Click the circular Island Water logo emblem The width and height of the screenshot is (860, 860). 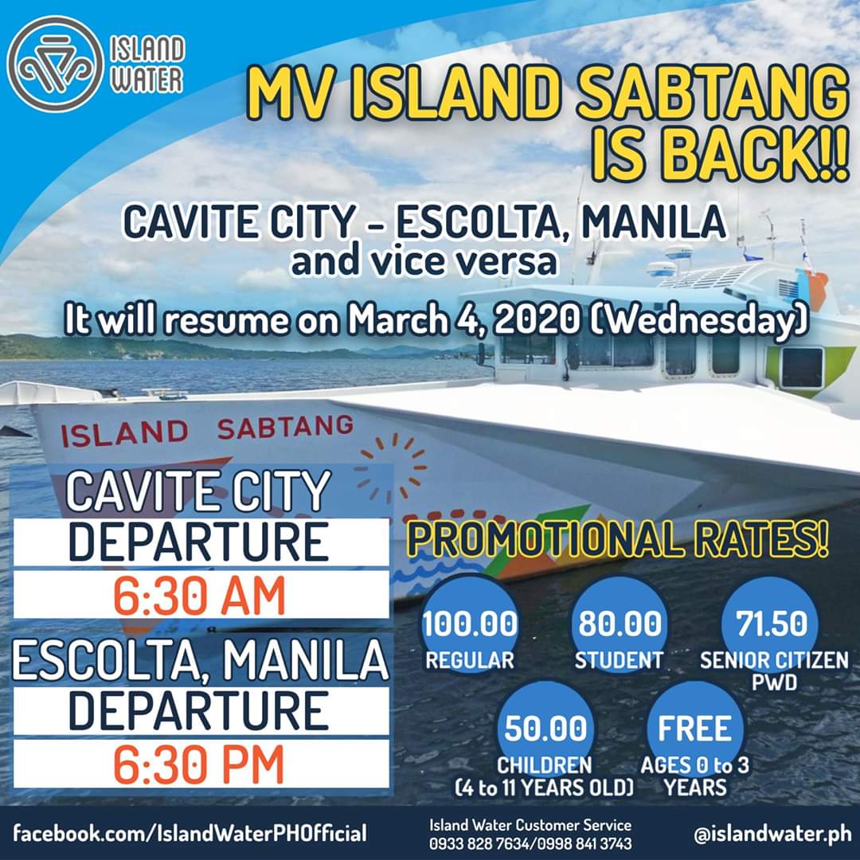(55, 64)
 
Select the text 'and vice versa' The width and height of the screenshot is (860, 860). (424, 261)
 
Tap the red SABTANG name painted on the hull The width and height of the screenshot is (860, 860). (285, 427)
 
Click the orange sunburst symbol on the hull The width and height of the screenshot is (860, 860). (390, 468)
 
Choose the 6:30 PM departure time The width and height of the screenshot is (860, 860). (198, 764)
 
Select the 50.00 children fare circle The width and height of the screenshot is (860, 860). (545, 729)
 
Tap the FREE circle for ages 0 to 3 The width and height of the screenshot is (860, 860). (694, 729)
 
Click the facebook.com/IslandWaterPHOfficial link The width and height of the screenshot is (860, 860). (190, 834)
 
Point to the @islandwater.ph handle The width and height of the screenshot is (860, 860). (772, 835)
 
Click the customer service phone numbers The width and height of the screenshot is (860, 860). (530, 843)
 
